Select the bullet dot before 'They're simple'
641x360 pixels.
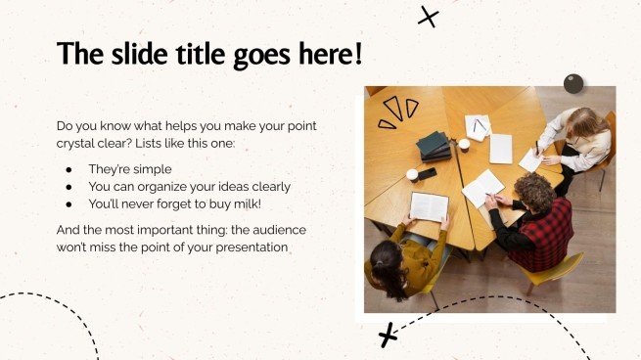[x=69, y=169]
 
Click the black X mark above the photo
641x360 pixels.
[x=428, y=17]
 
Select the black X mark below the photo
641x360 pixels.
[x=389, y=335]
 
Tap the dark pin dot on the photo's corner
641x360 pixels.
[x=573, y=84]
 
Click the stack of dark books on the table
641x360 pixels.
[x=434, y=147]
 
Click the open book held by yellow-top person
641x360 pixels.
[x=429, y=206]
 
